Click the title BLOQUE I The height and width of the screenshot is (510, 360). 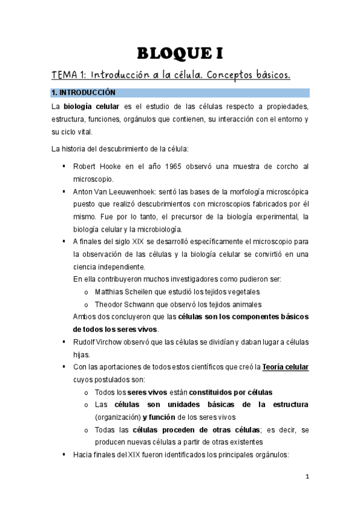pos(180,54)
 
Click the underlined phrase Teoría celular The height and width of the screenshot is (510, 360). pos(285,367)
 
